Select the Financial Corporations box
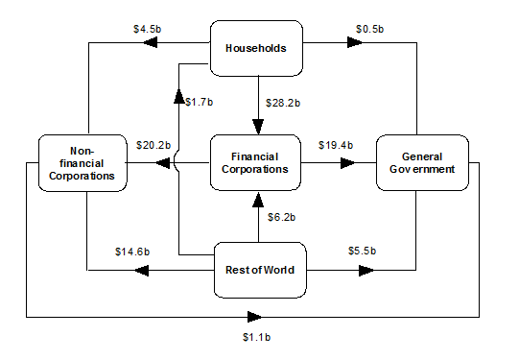coord(257,161)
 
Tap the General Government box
coord(421,161)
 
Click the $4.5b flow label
coord(148,29)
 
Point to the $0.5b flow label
coord(367,29)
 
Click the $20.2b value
coord(153,146)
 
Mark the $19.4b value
coord(336,145)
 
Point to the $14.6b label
coord(129,252)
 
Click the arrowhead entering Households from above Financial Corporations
coord(257,126)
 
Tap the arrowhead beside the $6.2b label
coord(257,200)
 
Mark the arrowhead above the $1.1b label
coord(255,315)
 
